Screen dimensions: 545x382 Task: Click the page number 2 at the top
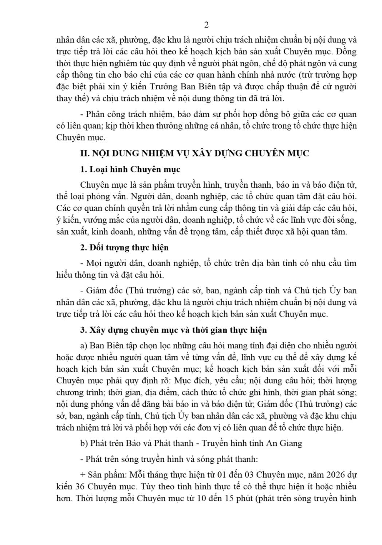click(x=207, y=25)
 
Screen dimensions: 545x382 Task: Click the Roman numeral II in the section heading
click(x=84, y=153)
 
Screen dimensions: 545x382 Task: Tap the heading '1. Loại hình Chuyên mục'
click(x=130, y=169)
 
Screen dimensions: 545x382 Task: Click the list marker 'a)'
click(x=83, y=345)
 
